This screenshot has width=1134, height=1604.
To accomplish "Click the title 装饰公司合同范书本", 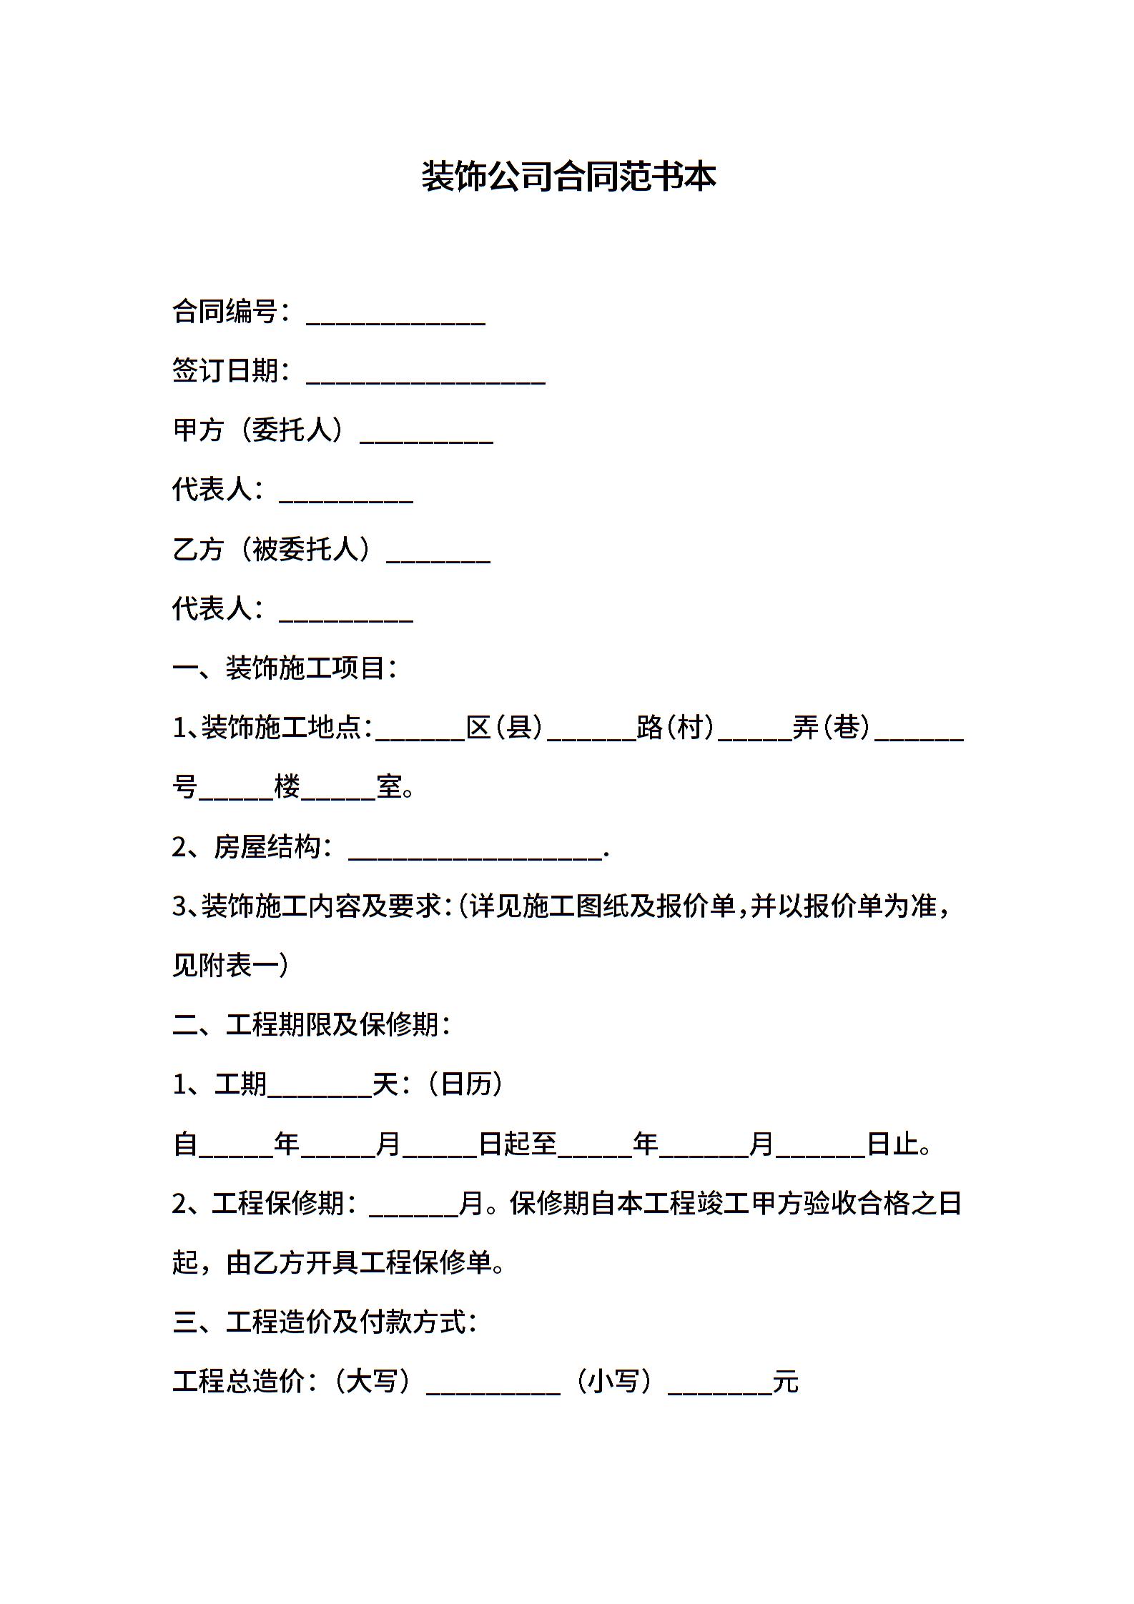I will [x=568, y=177].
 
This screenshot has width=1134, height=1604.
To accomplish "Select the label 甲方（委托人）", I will [x=260, y=430].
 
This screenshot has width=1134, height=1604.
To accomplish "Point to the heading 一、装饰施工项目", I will [x=285, y=668].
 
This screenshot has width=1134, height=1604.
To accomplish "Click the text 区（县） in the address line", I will [x=505, y=728].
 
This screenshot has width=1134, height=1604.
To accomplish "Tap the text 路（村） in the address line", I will [x=676, y=728].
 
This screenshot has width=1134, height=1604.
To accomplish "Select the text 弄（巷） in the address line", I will [x=832, y=728].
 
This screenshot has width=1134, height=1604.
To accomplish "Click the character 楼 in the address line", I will [x=287, y=787].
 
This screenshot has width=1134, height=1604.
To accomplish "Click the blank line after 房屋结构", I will [x=475, y=849].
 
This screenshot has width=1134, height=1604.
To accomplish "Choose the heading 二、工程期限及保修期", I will [x=311, y=1025].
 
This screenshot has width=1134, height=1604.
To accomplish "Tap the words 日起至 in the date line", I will [x=518, y=1144].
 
